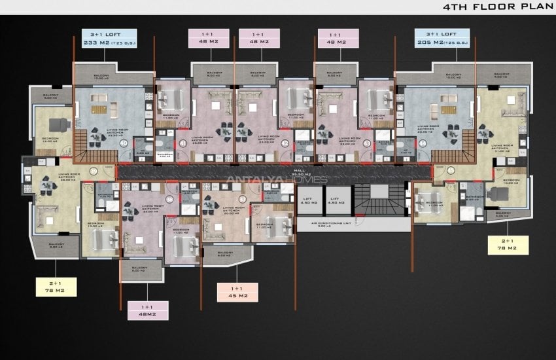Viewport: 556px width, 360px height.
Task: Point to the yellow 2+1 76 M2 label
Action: (58, 286)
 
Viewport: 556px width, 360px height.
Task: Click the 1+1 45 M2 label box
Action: (237, 292)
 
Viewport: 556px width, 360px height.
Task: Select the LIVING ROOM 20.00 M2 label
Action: (231, 211)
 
